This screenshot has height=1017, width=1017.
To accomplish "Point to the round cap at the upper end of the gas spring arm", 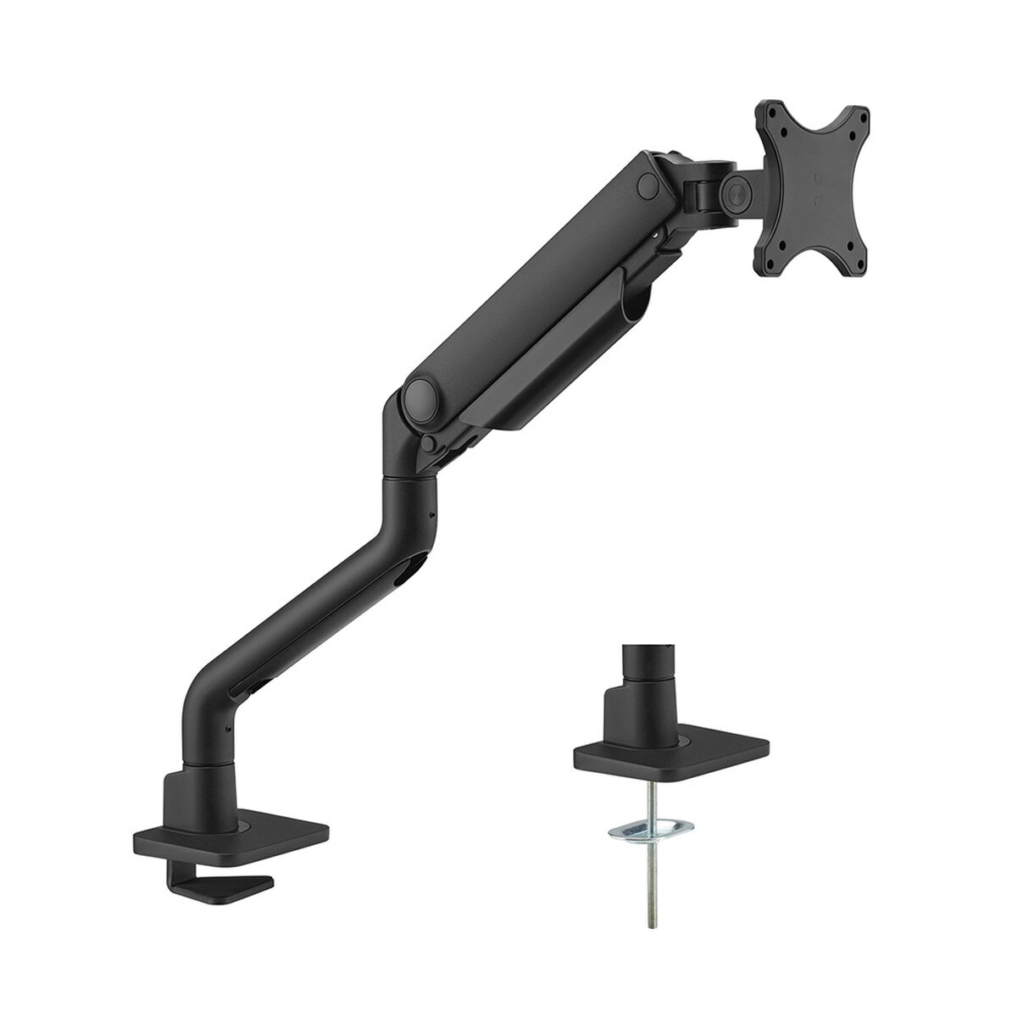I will [x=648, y=183].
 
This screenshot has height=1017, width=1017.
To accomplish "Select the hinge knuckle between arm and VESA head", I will [x=699, y=182].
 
